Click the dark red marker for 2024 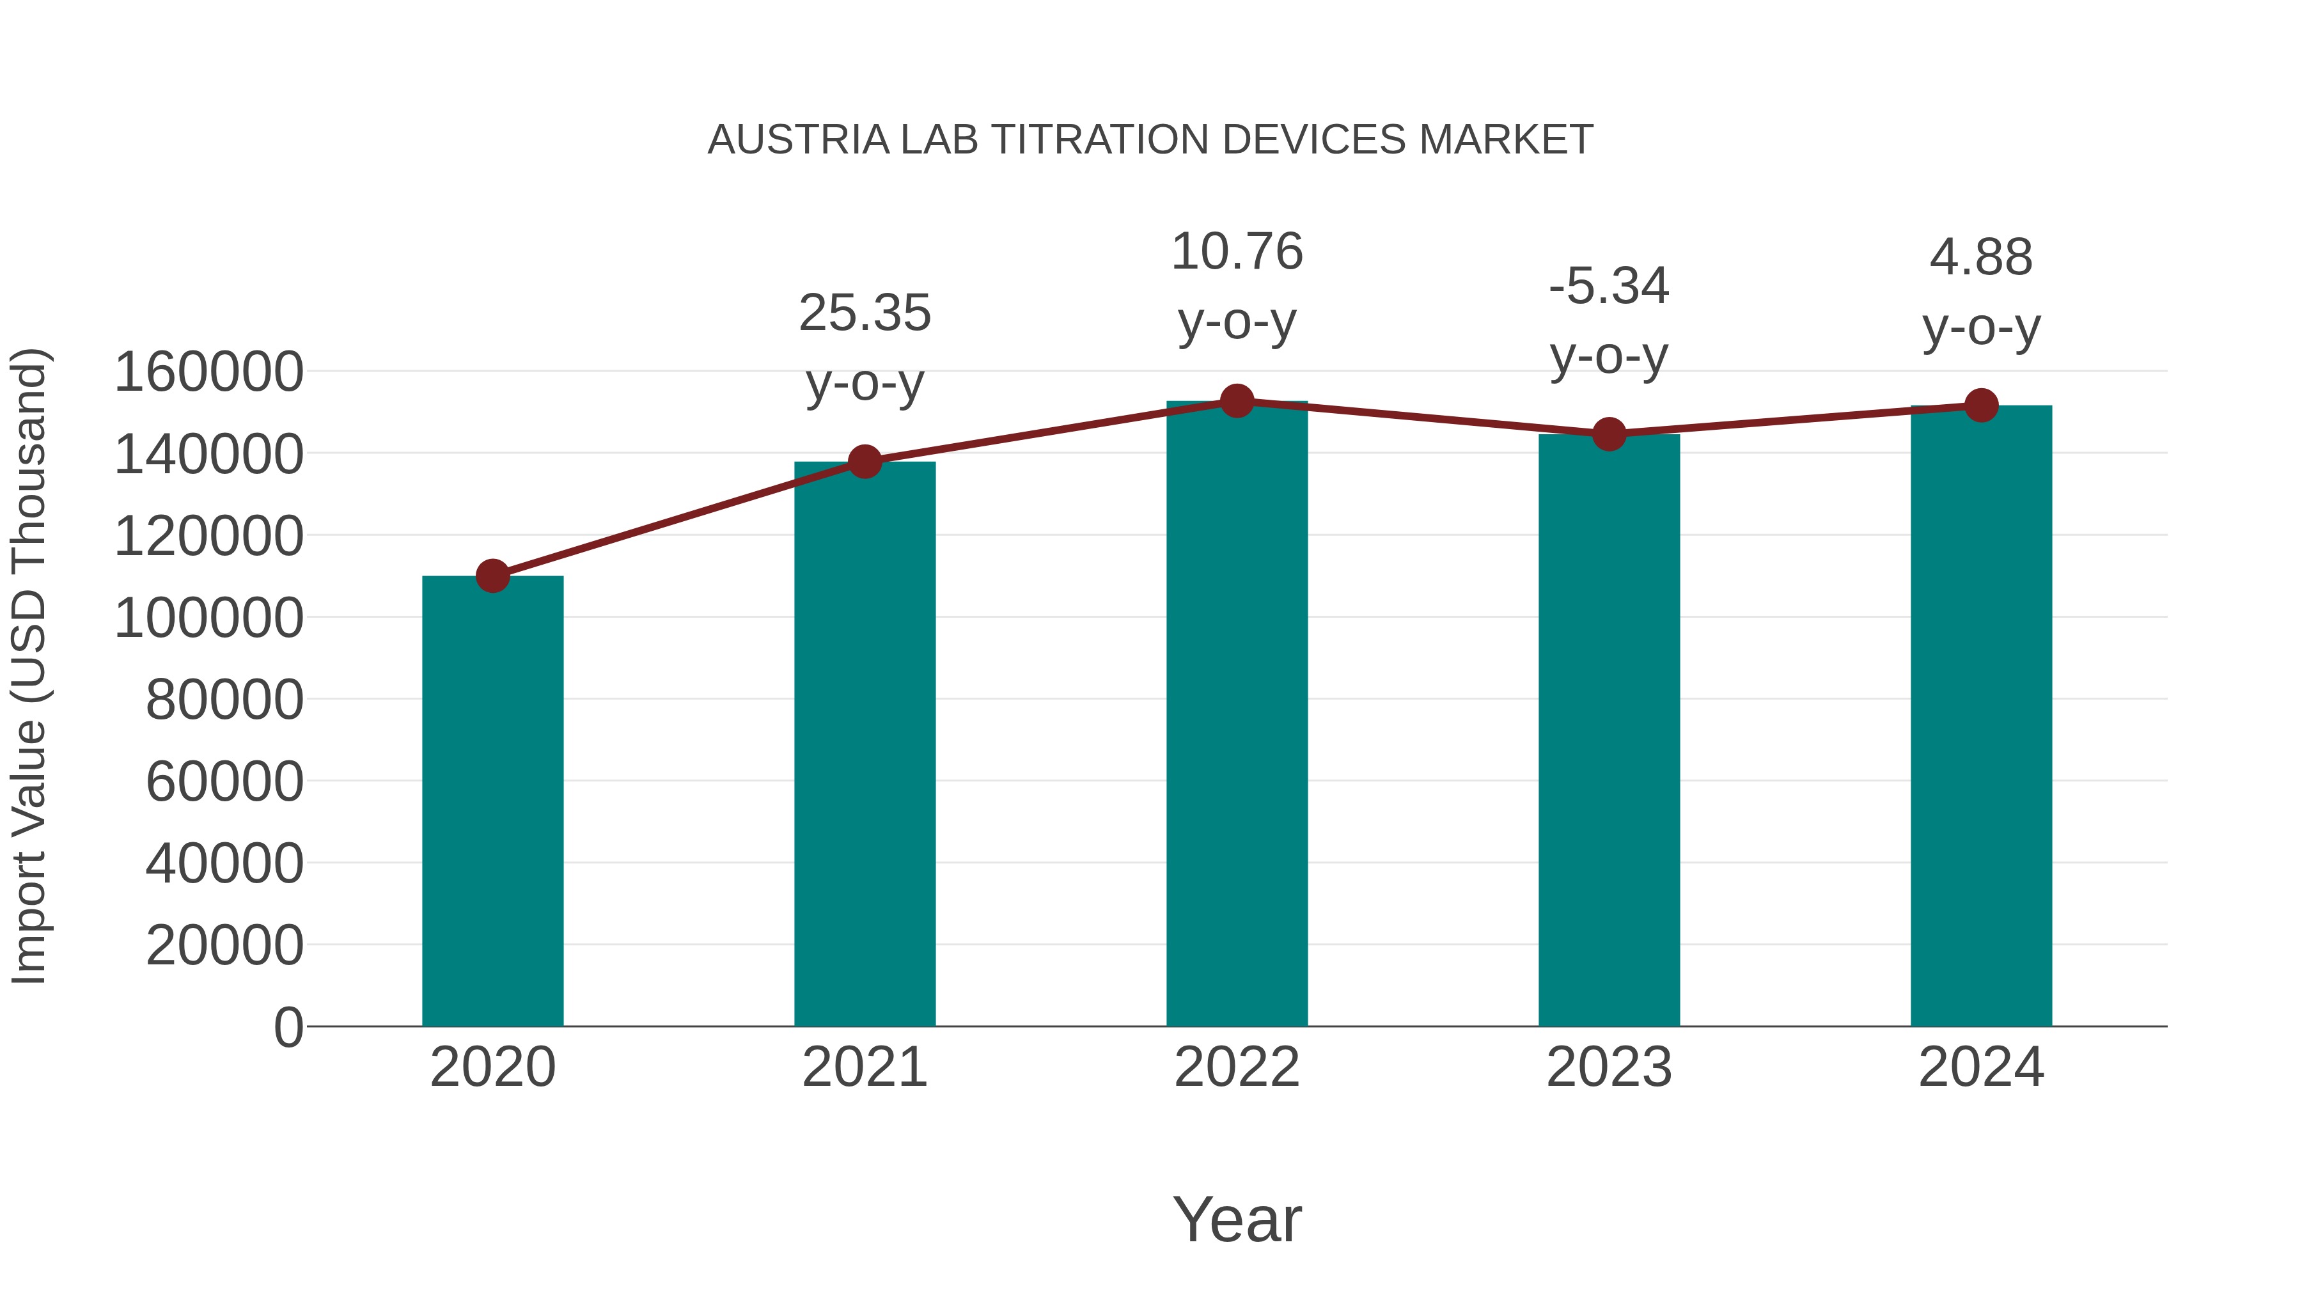pyautogui.click(x=1981, y=405)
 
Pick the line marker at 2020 pyautogui.click(x=492, y=576)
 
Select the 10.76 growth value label pyautogui.click(x=1237, y=251)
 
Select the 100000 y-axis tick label pyautogui.click(x=208, y=618)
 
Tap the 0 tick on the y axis pyautogui.click(x=288, y=1027)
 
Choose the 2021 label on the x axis pyautogui.click(x=864, y=1067)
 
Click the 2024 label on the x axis pyautogui.click(x=1981, y=1067)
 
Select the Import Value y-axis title pyautogui.click(x=29, y=666)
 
